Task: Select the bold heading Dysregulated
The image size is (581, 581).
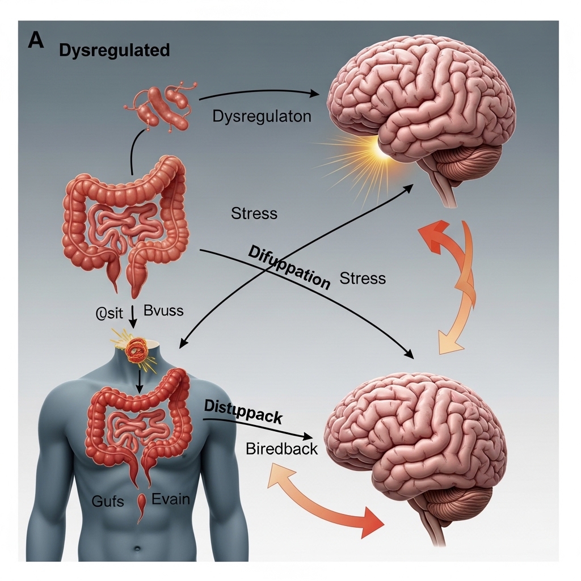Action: click(114, 50)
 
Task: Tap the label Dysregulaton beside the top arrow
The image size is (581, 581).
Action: click(262, 117)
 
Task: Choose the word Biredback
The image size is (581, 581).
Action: click(281, 448)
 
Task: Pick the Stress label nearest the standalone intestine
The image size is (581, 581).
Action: click(254, 214)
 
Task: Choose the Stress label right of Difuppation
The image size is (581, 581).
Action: click(363, 279)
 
